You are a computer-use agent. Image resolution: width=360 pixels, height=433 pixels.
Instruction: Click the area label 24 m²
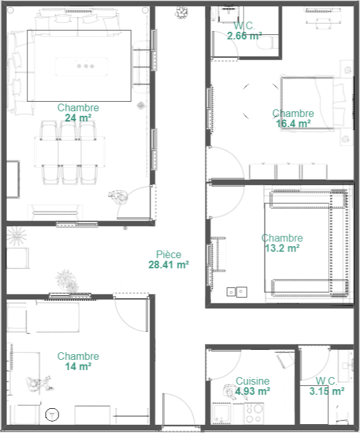(x=78, y=118)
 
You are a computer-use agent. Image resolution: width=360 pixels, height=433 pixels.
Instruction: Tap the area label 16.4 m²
(x=293, y=124)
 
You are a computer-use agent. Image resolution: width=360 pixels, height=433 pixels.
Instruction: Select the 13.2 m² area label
(x=282, y=248)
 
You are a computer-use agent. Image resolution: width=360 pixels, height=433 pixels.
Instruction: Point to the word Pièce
(x=169, y=254)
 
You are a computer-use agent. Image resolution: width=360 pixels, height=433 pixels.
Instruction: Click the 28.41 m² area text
(x=169, y=265)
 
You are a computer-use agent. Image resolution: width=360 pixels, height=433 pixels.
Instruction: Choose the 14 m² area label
(x=78, y=366)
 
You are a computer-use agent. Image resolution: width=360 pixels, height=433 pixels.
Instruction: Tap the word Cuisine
(x=253, y=381)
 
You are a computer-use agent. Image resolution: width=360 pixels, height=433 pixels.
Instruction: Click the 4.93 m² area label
(x=253, y=391)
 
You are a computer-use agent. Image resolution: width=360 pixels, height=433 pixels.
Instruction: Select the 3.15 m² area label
(x=326, y=391)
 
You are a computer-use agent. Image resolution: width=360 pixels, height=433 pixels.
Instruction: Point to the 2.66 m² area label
(x=244, y=36)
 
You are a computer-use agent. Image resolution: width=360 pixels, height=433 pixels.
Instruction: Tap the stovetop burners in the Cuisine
(x=254, y=413)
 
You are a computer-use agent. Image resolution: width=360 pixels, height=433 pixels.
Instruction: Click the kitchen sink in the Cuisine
(x=221, y=413)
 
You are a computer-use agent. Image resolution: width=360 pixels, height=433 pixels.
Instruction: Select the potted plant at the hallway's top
(x=181, y=13)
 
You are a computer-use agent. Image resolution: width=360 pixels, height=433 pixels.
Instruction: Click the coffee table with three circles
(x=81, y=66)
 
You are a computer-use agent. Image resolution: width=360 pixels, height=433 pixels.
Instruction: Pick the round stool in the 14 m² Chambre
(x=52, y=415)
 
